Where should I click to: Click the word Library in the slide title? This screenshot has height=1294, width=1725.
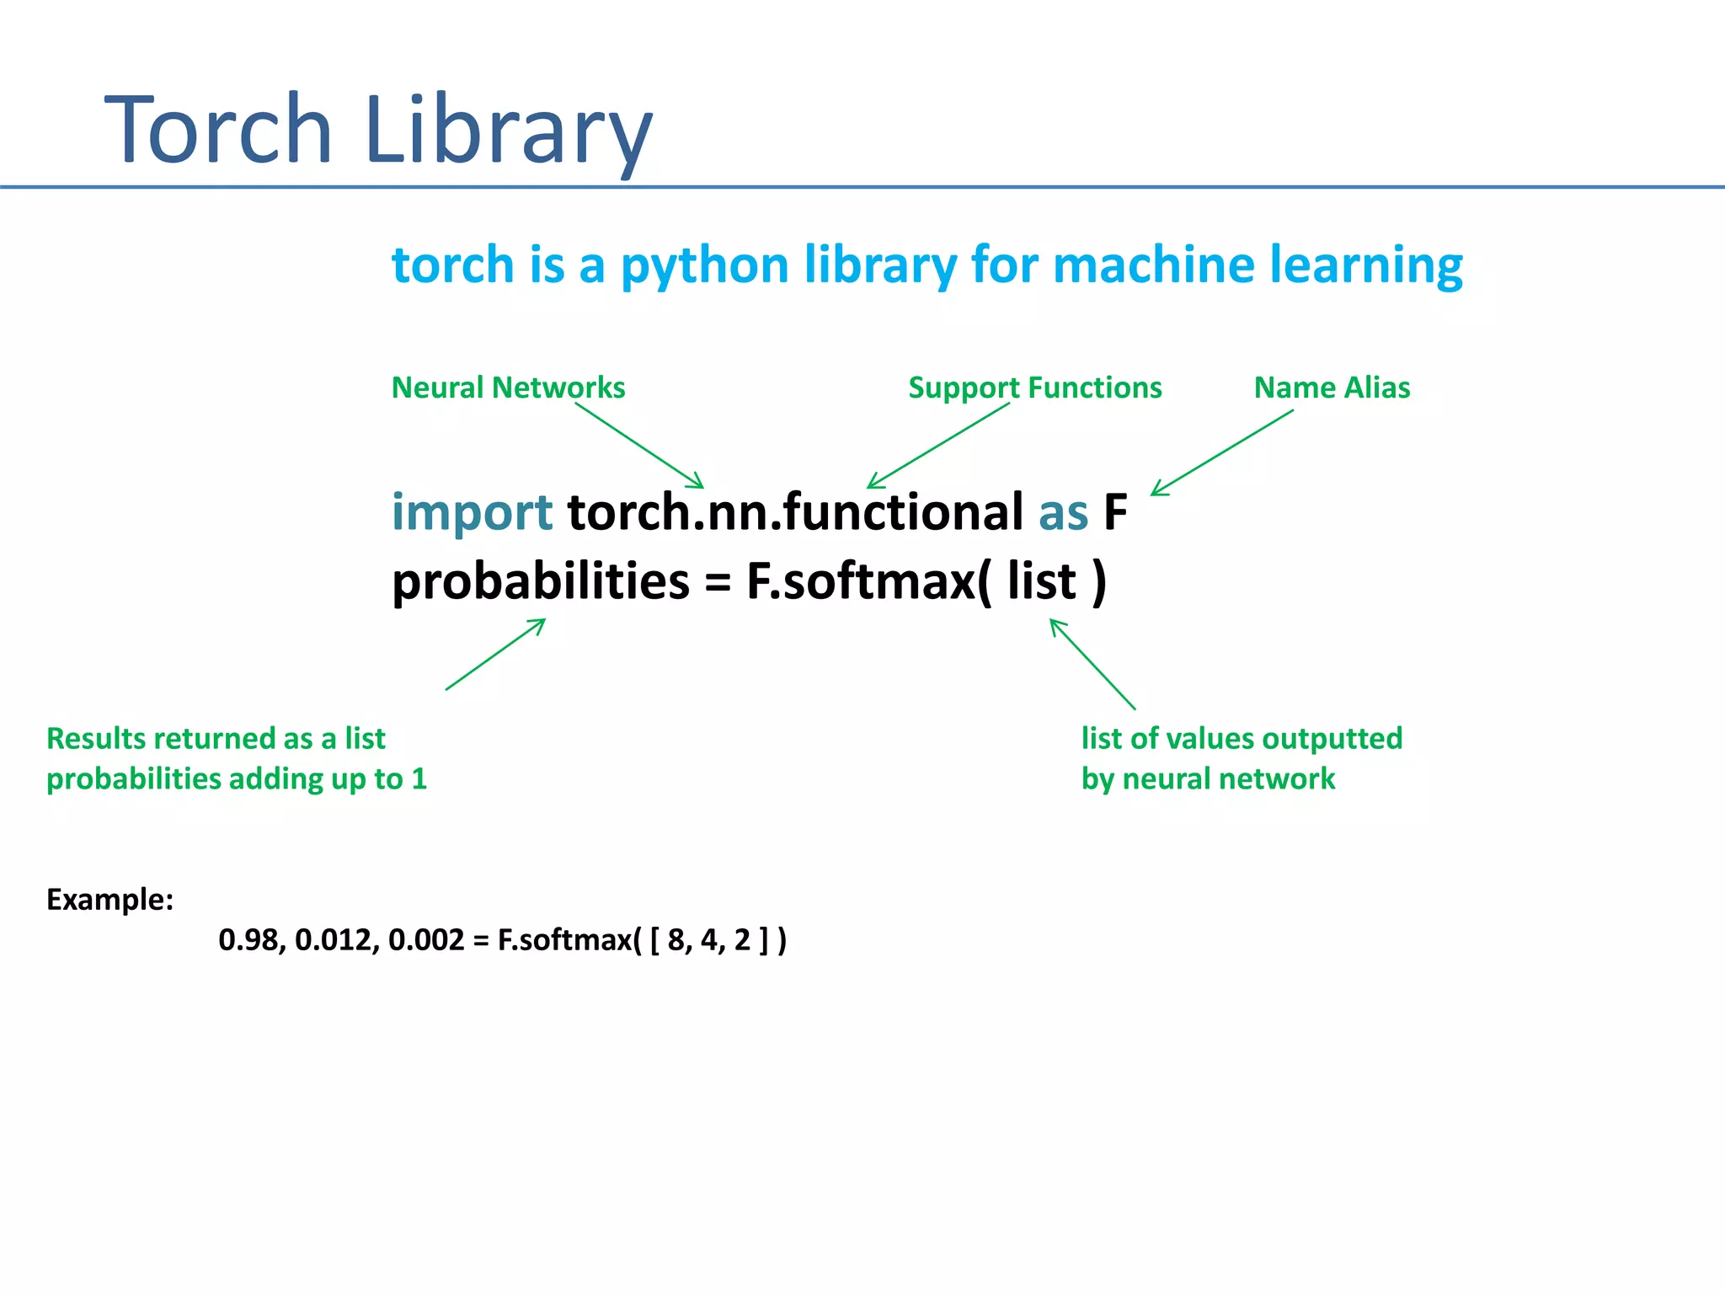tap(509, 131)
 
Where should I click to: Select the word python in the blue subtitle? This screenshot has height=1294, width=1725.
tap(704, 266)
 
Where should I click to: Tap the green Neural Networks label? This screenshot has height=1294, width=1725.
tap(508, 388)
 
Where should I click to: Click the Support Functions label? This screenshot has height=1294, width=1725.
tap(1034, 388)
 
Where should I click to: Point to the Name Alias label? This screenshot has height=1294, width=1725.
tap(1332, 388)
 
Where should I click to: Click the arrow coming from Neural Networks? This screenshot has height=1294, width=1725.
tap(640, 446)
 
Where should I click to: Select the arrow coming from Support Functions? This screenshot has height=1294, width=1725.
tap(938, 446)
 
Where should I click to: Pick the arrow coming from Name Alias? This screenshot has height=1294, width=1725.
tap(1221, 452)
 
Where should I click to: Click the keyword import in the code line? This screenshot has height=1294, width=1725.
tap(472, 512)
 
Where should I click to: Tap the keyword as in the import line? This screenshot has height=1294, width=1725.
tap(1063, 512)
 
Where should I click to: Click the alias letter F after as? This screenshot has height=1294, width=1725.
tap(1114, 512)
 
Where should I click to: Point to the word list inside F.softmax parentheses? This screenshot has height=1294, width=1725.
tap(1042, 581)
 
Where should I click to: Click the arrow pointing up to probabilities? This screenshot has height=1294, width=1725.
tap(495, 655)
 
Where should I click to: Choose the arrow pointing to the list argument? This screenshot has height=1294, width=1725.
tap(1092, 664)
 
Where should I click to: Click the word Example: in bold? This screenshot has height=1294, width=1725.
tap(109, 900)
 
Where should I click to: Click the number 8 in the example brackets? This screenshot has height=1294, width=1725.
tap(676, 940)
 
